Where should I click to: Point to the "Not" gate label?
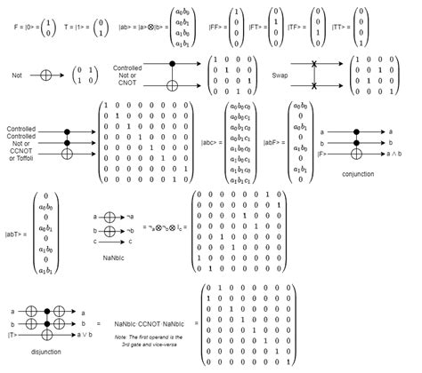point(18,75)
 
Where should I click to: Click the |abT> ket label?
point(18,234)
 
